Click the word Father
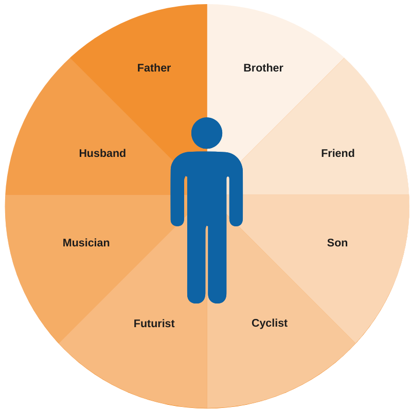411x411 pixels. click(x=154, y=68)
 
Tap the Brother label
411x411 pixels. click(x=263, y=68)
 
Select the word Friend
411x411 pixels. click(x=337, y=153)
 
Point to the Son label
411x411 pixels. click(x=337, y=243)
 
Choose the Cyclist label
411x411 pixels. click(x=269, y=323)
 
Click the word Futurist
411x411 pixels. click(x=154, y=324)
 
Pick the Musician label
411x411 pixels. click(x=86, y=243)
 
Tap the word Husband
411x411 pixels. click(x=102, y=153)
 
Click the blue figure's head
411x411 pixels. click(x=207, y=133)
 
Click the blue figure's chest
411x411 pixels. click(x=207, y=175)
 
